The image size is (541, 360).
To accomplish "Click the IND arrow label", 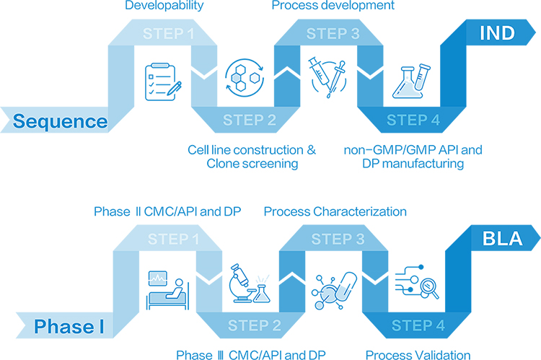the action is [x=497, y=32].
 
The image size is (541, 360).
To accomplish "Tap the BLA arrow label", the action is [x=502, y=238].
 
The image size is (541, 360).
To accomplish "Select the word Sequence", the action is [x=60, y=121].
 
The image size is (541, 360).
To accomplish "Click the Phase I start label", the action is [x=69, y=326].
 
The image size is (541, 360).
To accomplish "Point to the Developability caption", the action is [x=164, y=6].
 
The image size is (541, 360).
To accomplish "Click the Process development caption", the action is [x=333, y=5].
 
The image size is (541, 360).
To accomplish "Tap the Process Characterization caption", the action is [x=335, y=211].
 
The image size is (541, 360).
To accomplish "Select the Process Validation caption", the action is [x=418, y=354].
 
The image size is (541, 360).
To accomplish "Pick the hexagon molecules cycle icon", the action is [x=245, y=78].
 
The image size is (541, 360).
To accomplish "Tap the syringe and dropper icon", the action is [x=327, y=77].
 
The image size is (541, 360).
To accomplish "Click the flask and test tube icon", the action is [x=411, y=81].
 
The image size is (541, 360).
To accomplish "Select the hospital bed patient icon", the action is [x=168, y=290].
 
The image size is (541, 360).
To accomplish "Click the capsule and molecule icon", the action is [x=334, y=291].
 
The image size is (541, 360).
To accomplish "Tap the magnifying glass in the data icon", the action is [x=429, y=288].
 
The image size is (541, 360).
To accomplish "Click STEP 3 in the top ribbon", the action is [x=333, y=33].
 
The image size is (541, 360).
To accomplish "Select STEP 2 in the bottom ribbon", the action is [x=255, y=325].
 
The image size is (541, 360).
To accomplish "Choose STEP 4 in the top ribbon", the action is [x=413, y=120].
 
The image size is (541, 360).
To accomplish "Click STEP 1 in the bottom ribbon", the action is [x=174, y=239].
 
